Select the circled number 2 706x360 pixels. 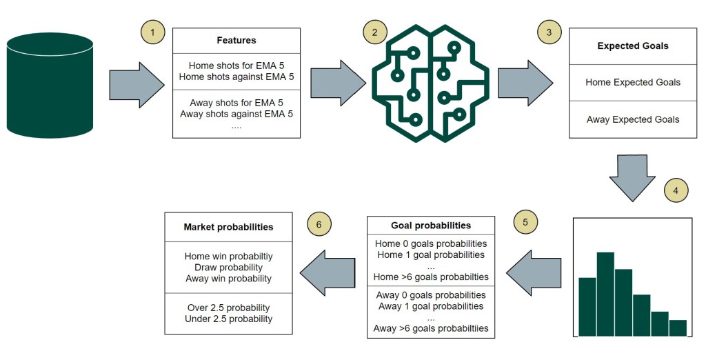[375, 31]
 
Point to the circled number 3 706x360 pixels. [549, 32]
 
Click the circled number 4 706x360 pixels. [676, 190]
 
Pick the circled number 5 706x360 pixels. [525, 222]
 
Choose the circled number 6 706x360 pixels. [319, 224]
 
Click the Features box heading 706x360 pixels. [236, 41]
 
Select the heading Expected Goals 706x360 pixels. [633, 46]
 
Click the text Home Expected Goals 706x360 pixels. [633, 82]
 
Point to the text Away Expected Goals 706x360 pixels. [633, 119]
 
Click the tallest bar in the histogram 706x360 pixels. [605, 293]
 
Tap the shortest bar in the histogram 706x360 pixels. [678, 328]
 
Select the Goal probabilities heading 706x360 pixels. [431, 226]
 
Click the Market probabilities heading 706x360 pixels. [228, 227]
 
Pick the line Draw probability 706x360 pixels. [228, 268]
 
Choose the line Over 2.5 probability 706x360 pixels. [228, 308]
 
